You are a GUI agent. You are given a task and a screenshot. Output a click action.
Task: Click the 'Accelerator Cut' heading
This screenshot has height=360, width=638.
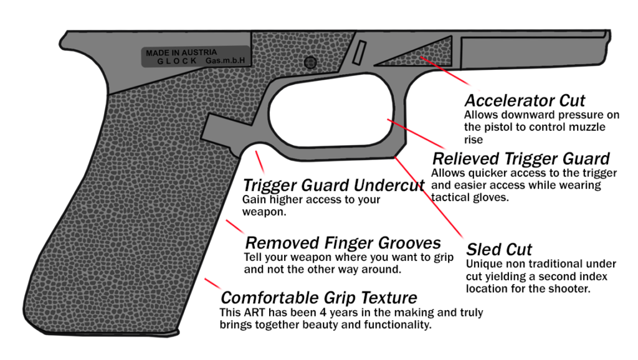[x=525, y=100]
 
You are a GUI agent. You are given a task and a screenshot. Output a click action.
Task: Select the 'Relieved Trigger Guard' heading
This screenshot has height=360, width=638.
[x=521, y=158]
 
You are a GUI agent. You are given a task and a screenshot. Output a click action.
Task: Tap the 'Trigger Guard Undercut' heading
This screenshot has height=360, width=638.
[x=333, y=186]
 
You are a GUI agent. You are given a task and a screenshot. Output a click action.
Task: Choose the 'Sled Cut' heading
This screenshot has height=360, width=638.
[x=499, y=250]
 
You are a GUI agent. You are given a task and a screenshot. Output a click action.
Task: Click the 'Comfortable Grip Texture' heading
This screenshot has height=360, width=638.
[x=318, y=297]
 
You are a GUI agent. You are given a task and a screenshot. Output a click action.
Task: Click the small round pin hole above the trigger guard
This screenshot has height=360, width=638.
[x=310, y=62]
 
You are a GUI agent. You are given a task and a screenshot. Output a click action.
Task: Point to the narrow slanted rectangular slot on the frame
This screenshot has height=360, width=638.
[x=359, y=53]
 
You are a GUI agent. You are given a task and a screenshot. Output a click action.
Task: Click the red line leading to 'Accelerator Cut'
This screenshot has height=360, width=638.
[x=445, y=72]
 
